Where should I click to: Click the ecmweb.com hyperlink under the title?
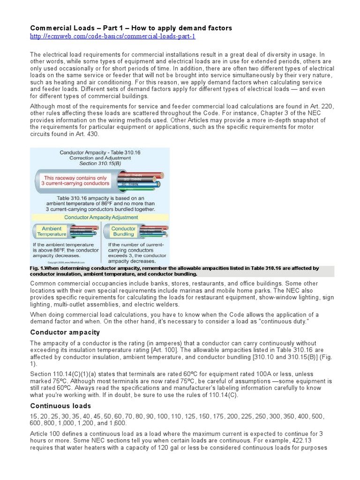[112, 37]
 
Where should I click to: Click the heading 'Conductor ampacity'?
[65, 332]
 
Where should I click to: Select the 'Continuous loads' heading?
[60, 405]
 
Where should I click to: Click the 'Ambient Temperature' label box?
[52, 232]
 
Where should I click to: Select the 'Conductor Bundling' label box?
[123, 232]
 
